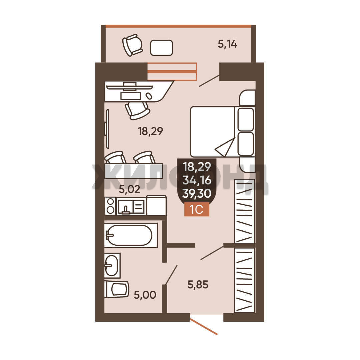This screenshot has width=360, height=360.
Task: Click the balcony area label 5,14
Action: point(227,44)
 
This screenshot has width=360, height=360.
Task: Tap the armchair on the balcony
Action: point(132,45)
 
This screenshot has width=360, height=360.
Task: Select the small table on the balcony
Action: point(161,48)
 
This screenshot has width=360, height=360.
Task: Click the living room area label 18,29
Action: point(150,131)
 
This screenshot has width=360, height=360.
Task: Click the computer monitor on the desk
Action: point(130,87)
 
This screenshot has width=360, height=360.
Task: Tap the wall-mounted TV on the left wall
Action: point(107,129)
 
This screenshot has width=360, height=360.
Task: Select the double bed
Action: point(222,132)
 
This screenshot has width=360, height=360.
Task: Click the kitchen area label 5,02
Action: point(129,189)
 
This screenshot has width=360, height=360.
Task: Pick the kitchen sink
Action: point(125,207)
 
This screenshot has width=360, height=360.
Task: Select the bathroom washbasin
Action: point(112,265)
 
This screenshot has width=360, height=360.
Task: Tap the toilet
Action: point(117,289)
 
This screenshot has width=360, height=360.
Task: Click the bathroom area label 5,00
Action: point(145,295)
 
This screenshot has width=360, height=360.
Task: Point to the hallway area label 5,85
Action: point(198,285)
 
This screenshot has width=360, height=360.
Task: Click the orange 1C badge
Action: point(197,209)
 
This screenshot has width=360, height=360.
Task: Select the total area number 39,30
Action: point(197,194)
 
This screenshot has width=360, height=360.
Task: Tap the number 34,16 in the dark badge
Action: point(197,180)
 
